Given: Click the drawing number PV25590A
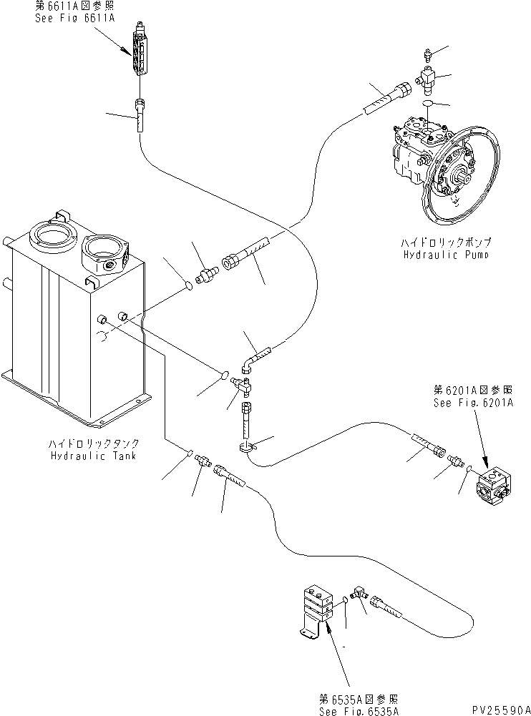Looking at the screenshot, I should point(492,708).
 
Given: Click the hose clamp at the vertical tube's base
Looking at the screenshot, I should point(245,448).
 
